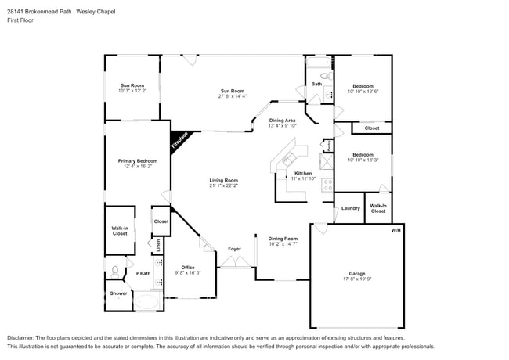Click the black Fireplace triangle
tap(179, 139)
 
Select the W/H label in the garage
tap(396, 231)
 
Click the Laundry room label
tap(350, 208)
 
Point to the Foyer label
tap(234, 249)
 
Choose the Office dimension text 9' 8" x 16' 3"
tap(188, 273)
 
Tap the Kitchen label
tap(303, 173)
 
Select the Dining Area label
tap(282, 120)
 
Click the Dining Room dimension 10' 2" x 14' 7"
tap(283, 244)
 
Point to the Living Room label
tap(223, 181)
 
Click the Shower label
tap(118, 293)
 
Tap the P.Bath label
tap(143, 273)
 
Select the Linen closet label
tap(158, 244)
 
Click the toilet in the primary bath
tap(116, 272)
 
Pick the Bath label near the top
tap(316, 84)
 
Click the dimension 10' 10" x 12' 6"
tap(362, 92)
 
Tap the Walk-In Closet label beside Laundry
tap(377, 208)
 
